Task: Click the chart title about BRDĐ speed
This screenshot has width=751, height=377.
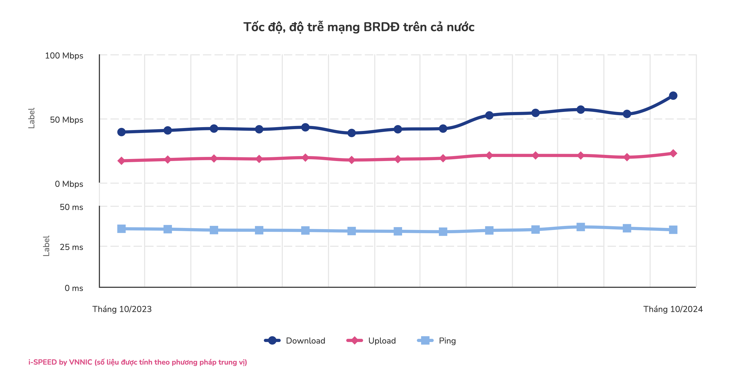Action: [359, 27]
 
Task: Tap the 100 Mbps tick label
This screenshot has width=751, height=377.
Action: [64, 56]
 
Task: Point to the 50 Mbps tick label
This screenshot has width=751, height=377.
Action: [66, 120]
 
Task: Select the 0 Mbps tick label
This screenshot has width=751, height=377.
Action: [69, 184]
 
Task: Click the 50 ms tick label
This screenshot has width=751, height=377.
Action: [71, 207]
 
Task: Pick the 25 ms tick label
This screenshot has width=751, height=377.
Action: [71, 247]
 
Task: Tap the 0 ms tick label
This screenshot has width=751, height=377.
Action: [74, 288]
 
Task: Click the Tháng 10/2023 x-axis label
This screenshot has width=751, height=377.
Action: [122, 309]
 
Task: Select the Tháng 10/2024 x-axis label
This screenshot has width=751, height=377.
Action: [673, 309]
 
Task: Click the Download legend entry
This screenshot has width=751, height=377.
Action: [295, 340]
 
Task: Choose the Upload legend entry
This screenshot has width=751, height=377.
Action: [371, 340]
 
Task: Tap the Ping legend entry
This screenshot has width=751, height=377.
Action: [437, 340]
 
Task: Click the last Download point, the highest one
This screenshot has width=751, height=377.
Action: [673, 96]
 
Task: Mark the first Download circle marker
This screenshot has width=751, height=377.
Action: [121, 132]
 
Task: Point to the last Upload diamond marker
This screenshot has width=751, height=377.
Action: [673, 153]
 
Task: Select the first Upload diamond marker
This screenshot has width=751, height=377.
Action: [121, 161]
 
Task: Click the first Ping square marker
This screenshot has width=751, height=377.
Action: [121, 229]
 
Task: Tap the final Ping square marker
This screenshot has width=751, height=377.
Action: [673, 230]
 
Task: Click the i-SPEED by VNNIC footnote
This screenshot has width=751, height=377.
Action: [138, 362]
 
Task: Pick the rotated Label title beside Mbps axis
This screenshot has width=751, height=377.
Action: [31, 118]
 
